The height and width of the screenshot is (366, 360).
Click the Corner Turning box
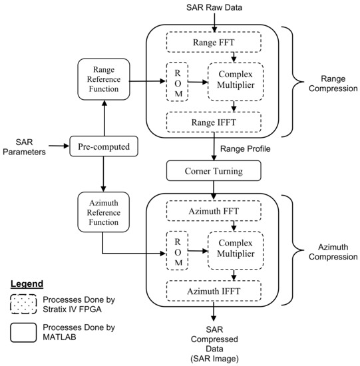tap(214, 170)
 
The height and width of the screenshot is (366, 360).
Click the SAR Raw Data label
tap(214, 7)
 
